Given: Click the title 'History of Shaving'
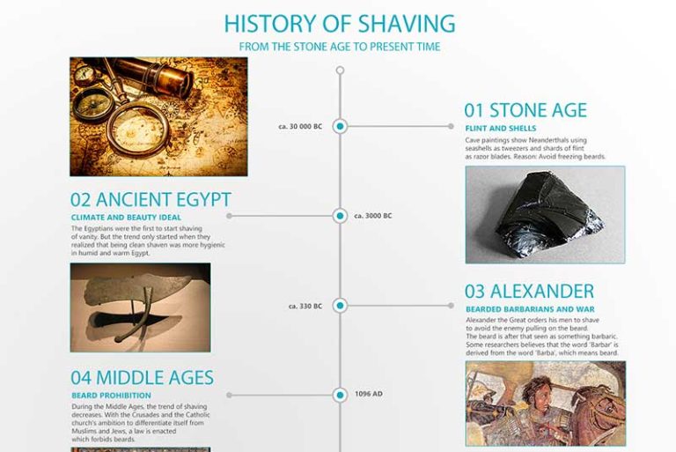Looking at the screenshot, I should pyautogui.click(x=339, y=23).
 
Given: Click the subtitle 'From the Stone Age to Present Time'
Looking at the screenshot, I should pyautogui.click(x=339, y=47).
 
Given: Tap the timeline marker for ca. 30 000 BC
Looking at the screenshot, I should pyautogui.click(x=340, y=126).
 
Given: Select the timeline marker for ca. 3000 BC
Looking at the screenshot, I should pyautogui.click(x=340, y=215).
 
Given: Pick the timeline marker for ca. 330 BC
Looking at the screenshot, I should pyautogui.click(x=340, y=306).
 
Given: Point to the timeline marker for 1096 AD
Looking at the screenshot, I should pyautogui.click(x=340, y=394).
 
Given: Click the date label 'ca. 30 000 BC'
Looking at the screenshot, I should pyautogui.click(x=300, y=127).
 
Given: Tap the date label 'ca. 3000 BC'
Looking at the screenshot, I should pyautogui.click(x=373, y=216).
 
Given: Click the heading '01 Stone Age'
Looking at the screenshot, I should pyautogui.click(x=525, y=110).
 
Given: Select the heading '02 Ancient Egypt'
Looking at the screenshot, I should pyautogui.click(x=151, y=199).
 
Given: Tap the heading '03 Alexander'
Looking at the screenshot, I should pyautogui.click(x=529, y=292).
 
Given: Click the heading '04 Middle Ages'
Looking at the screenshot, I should pyautogui.click(x=142, y=378).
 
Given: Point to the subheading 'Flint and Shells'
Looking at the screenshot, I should pyautogui.click(x=500, y=129).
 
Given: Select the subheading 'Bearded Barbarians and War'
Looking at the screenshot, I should pyautogui.click(x=530, y=309).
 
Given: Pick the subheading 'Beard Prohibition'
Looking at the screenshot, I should pyautogui.click(x=111, y=396).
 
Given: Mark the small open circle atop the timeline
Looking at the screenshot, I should pyautogui.click(x=340, y=68).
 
